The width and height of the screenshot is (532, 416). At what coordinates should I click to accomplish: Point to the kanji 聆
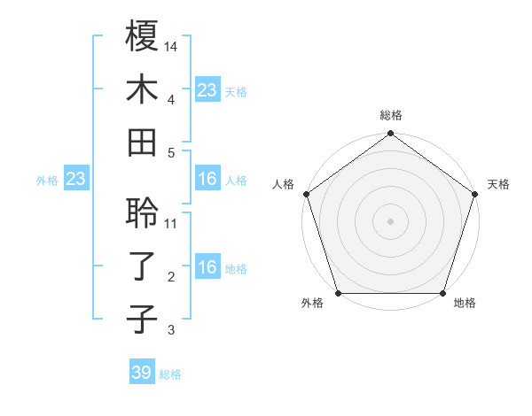tap(142, 213)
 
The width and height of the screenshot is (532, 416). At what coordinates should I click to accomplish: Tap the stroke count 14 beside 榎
tap(171, 45)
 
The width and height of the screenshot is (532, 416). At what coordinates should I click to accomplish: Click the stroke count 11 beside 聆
tap(171, 223)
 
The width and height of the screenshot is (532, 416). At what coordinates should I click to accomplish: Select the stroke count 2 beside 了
tap(171, 277)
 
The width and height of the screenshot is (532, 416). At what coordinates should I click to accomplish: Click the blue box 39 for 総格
tap(142, 373)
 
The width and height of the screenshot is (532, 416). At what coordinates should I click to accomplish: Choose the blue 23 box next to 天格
tap(207, 90)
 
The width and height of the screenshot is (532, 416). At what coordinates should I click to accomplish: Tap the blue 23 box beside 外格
tap(75, 180)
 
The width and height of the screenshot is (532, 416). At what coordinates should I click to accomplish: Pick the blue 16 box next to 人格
tap(207, 180)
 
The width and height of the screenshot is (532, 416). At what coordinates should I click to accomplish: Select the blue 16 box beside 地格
tap(207, 268)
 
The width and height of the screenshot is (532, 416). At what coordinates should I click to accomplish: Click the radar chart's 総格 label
tap(391, 116)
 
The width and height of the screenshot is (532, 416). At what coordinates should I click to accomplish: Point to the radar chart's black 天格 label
tap(499, 184)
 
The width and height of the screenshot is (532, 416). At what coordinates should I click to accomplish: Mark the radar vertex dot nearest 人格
tap(307, 194)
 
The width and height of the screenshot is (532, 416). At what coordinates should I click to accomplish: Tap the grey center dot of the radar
tap(391, 221)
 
